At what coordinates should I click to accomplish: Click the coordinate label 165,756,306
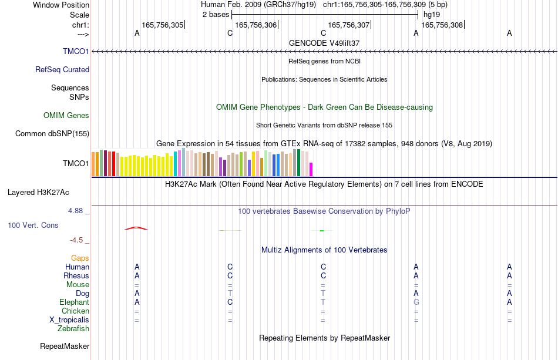[256, 25]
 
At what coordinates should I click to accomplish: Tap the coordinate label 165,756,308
[442, 25]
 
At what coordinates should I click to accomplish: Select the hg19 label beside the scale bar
[432, 15]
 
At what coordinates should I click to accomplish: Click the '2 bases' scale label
[216, 15]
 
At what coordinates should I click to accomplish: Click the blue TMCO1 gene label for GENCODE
[76, 51]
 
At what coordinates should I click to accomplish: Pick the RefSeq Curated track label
[62, 69]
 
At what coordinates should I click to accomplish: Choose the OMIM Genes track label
[66, 115]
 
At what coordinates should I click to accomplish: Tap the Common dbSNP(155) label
[52, 133]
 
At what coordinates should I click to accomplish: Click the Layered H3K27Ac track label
[38, 193]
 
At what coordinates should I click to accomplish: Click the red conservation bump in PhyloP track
[136, 228]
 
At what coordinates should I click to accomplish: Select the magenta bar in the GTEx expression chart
[311, 169]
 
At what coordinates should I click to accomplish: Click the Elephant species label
[75, 302]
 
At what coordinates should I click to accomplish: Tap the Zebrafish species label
[73, 328]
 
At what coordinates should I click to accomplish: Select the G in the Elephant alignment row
[416, 302]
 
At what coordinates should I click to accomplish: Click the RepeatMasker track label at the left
[65, 346]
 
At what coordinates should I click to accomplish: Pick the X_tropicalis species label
[69, 320]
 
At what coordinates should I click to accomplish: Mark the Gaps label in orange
[80, 258]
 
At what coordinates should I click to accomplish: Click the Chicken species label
[75, 311]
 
